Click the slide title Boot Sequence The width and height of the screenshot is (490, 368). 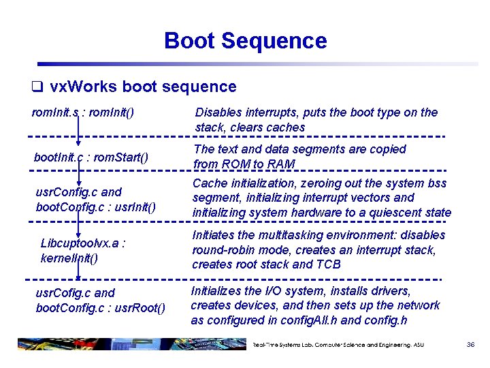tap(245, 41)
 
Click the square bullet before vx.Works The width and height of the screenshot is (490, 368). tap(38, 87)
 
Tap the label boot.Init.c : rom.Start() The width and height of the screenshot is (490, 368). tap(90, 157)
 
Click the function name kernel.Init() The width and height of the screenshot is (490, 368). tap(69, 258)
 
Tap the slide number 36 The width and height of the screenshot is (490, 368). tap(470, 345)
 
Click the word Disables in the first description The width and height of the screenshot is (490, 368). tap(217, 112)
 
